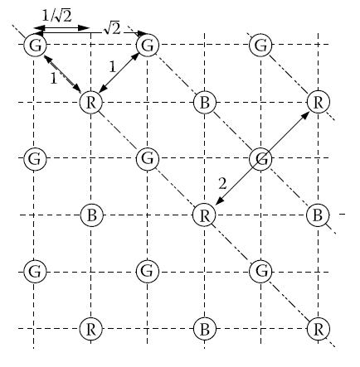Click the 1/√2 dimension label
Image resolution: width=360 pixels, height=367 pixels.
coord(57,16)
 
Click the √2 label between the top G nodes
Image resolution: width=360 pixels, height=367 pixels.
coord(112,29)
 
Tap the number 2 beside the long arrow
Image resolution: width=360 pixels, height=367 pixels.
coord(222,183)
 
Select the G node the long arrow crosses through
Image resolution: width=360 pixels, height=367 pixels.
coord(260,158)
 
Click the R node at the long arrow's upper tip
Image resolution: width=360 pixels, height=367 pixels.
coord(319,102)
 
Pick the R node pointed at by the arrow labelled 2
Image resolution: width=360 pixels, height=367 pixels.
coord(204,215)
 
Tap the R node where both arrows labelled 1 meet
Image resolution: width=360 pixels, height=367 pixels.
coord(91,102)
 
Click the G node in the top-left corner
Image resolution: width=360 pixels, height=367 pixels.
coord(35,45)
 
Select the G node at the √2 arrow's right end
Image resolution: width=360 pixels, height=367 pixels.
coord(148,45)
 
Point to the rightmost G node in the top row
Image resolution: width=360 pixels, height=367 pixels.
coord(260,45)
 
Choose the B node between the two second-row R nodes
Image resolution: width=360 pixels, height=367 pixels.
coord(204,102)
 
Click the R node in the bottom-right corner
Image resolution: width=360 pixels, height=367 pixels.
coord(319,329)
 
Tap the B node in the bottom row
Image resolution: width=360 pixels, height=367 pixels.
coord(204,329)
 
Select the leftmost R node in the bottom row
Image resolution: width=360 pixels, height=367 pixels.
coord(91,329)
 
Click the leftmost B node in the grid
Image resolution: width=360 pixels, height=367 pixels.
coord(92,215)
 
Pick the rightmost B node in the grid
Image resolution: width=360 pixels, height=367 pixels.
coord(318,215)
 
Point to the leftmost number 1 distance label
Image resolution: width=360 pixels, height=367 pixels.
coord(53,79)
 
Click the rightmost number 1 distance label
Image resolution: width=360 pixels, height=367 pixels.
coord(112,66)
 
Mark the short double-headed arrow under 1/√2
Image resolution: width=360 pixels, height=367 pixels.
coord(61,28)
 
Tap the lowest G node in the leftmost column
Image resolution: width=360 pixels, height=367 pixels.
coord(35,272)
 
